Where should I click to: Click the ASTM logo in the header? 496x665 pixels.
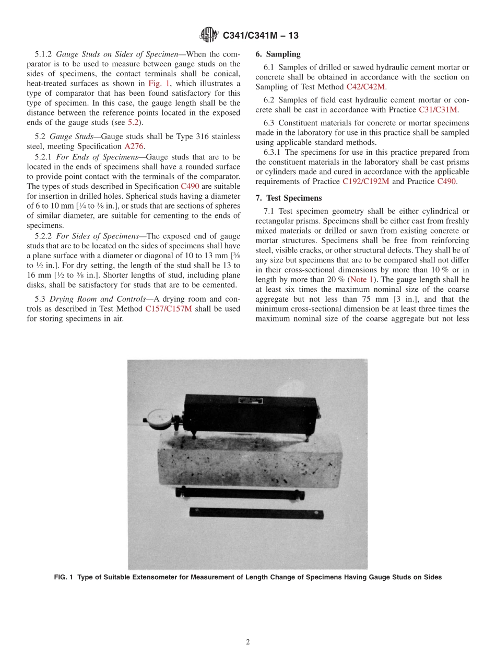(x=209, y=36)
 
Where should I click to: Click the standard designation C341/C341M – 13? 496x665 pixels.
(x=261, y=36)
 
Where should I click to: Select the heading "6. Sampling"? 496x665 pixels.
(x=278, y=54)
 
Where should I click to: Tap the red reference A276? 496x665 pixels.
(x=133, y=146)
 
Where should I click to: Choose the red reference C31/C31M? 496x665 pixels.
(x=438, y=110)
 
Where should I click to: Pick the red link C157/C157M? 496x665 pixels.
(x=170, y=309)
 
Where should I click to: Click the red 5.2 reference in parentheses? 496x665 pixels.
(x=133, y=122)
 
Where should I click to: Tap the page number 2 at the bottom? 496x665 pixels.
(x=248, y=642)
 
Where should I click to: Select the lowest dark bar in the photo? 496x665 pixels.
(x=256, y=513)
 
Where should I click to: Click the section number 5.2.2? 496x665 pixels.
(x=43, y=236)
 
